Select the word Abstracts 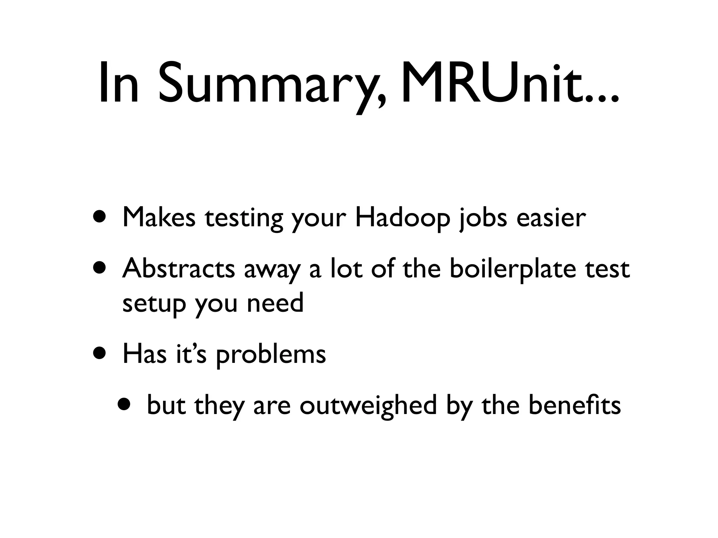tap(178, 268)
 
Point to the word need tap(275, 303)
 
